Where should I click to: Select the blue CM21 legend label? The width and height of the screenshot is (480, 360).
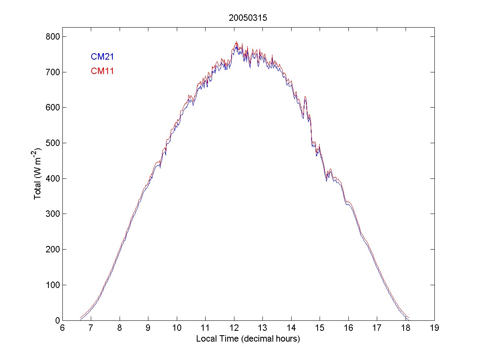(x=102, y=56)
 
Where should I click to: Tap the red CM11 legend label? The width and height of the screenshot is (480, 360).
(x=102, y=71)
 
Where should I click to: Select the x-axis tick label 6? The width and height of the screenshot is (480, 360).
(x=62, y=328)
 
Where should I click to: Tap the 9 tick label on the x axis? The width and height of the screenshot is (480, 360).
(x=148, y=328)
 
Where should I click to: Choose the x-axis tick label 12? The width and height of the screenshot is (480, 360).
(x=234, y=328)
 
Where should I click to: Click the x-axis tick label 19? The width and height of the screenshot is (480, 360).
(x=434, y=328)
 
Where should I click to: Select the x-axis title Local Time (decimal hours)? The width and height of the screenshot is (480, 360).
(x=248, y=339)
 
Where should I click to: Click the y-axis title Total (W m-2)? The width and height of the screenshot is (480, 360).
(x=38, y=174)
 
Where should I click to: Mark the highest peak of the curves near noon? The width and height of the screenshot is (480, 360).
(x=236, y=42)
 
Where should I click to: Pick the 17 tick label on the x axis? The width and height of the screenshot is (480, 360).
(x=377, y=328)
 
